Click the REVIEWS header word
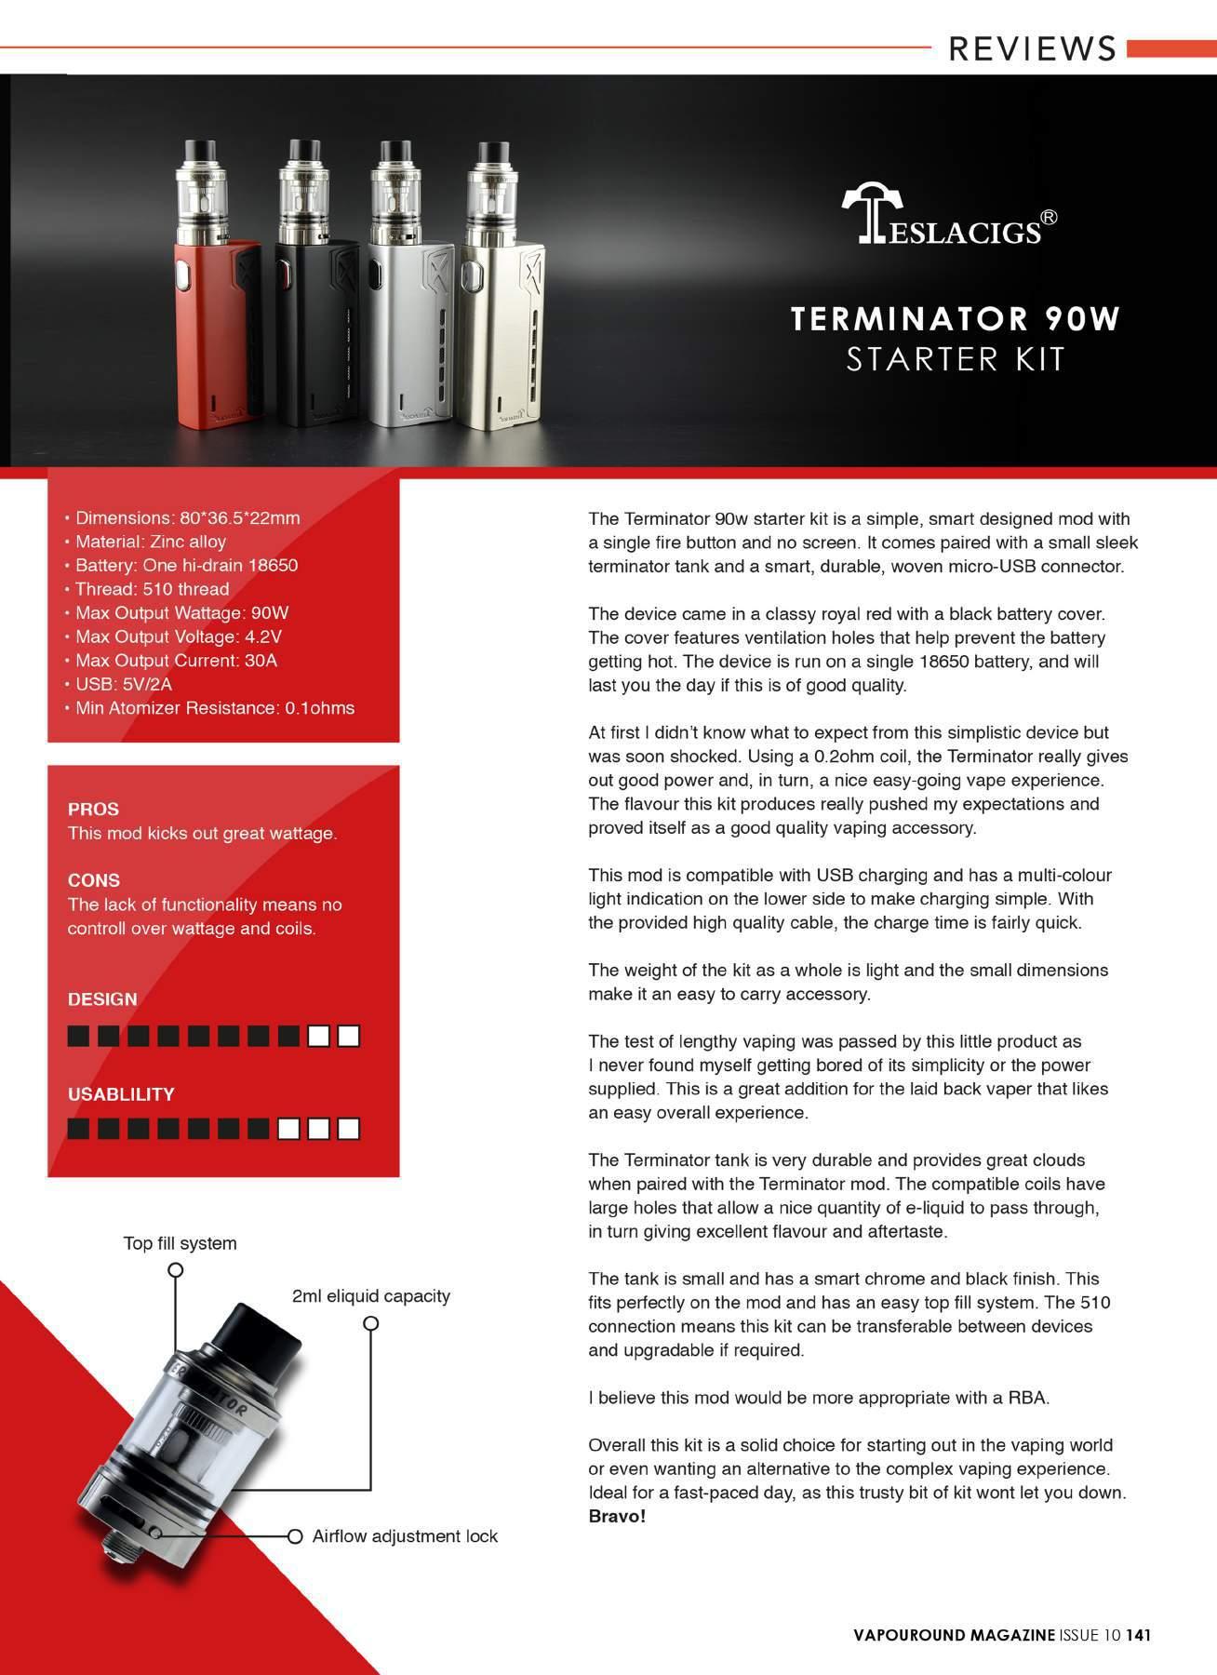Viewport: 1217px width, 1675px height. pyautogui.click(x=1032, y=48)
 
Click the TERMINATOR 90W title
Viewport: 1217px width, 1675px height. pyautogui.click(x=956, y=319)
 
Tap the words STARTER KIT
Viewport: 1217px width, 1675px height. pyautogui.click(x=956, y=359)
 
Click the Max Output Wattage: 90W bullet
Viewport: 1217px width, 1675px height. pyautogui.click(x=182, y=613)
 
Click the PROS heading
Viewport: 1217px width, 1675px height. pyautogui.click(x=93, y=810)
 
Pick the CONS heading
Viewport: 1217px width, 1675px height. pyautogui.click(x=94, y=880)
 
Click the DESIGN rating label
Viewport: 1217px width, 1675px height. pyautogui.click(x=102, y=999)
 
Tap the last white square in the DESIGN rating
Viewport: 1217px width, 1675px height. pyautogui.click(x=349, y=1036)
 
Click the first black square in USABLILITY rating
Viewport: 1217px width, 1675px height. pyautogui.click(x=79, y=1129)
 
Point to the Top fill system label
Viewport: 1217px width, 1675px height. pyautogui.click(x=181, y=1244)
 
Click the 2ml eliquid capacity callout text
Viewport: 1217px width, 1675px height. pyautogui.click(x=371, y=1296)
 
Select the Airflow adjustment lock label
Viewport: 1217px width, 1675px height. pyautogui.click(x=405, y=1536)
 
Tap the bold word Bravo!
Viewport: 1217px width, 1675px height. pyautogui.click(x=617, y=1517)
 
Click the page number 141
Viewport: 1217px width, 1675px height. pyautogui.click(x=1139, y=1635)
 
